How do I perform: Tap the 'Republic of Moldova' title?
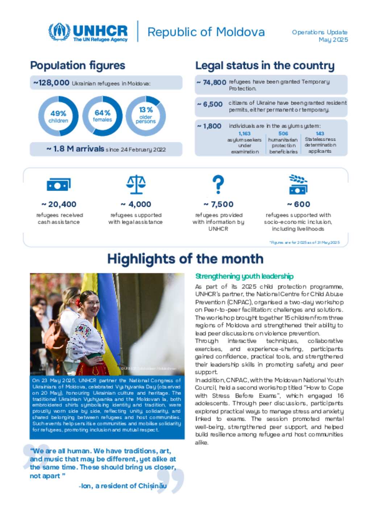pos(206,32)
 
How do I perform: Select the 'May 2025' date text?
pos(333,39)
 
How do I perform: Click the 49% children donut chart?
pos(58,116)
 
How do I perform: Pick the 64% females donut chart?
pos(102,116)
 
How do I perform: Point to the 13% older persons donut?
pos(146,116)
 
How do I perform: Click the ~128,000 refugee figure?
pos(51,83)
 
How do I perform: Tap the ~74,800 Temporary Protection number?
pos(212,83)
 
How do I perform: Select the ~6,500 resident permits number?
pos(210,104)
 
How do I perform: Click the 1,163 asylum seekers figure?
pos(245,134)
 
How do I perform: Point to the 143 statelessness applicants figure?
pos(320,134)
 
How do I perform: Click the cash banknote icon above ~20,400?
pos(59,184)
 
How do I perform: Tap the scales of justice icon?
pos(136,184)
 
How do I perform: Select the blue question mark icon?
pos(218,184)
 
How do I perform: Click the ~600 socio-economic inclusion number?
pos(299,204)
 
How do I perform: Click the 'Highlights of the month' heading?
pos(185,259)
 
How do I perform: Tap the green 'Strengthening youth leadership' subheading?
pos(244,276)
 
